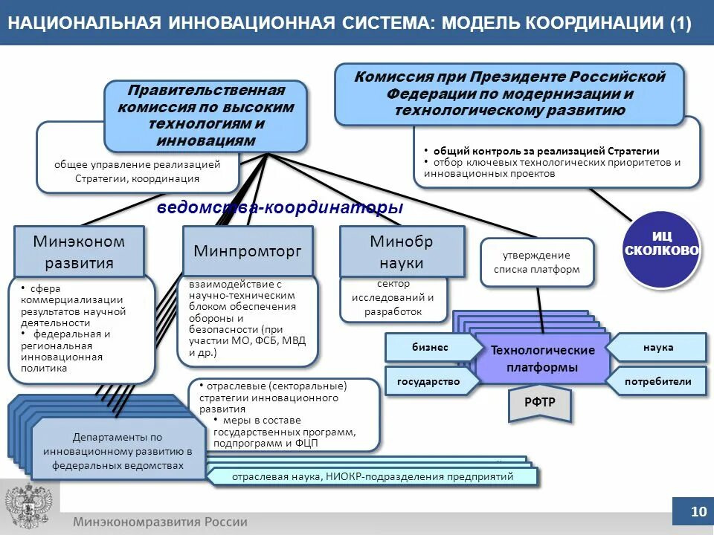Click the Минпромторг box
coord(248,251)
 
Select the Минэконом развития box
coord(79,252)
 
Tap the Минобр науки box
coord(402,252)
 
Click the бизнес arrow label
coord(431,347)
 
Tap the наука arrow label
coord(658,347)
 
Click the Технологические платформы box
coord(542,359)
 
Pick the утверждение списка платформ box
coord(537,262)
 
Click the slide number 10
coord(698,511)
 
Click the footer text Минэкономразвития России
coord(160,522)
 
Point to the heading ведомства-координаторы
coord(280,208)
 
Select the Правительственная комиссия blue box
coord(205,116)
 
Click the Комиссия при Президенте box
coord(509,94)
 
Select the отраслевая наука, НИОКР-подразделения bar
coord(372,476)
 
